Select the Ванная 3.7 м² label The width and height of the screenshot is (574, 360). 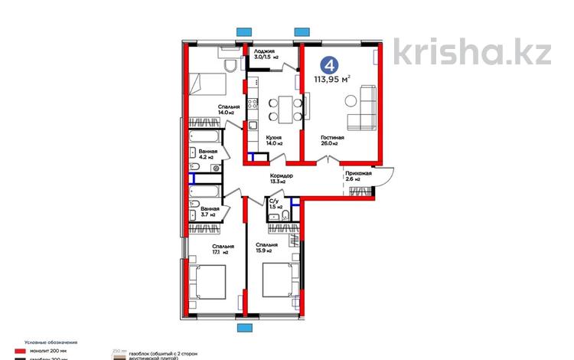coord(210,212)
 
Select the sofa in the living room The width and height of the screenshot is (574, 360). coord(364,107)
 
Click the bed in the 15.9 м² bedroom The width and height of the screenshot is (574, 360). coord(279,283)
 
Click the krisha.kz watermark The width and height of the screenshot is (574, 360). coord(472,51)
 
